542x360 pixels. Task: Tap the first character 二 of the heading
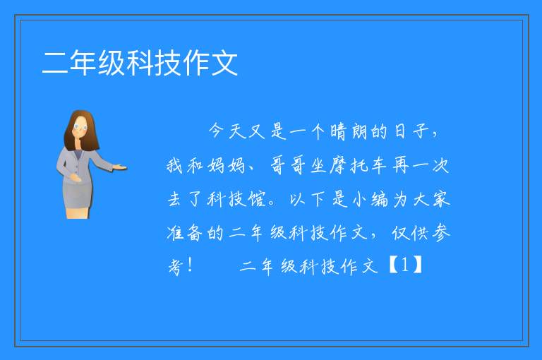click(x=55, y=63)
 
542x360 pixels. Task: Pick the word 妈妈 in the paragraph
click(x=227, y=165)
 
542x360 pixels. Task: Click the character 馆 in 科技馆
click(x=257, y=199)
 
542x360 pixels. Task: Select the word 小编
click(x=371, y=199)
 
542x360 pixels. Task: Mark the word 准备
click(x=185, y=233)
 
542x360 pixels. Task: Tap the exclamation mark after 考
click(x=190, y=265)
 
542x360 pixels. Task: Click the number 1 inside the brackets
click(x=405, y=265)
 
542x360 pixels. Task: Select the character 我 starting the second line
click(x=175, y=165)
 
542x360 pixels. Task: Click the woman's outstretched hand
click(x=121, y=168)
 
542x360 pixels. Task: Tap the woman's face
click(x=80, y=126)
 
